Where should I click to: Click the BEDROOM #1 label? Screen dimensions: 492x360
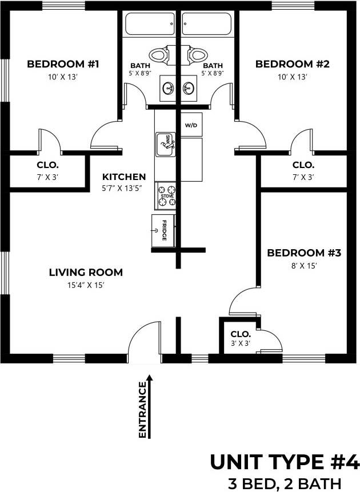click(63, 64)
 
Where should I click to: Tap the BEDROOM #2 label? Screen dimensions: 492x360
click(292, 64)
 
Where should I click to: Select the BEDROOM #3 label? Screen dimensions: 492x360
click(303, 252)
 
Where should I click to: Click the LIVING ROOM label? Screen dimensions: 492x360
click(86, 272)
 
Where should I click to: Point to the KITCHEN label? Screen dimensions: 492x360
click(124, 177)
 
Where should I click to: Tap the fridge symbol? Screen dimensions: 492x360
click(162, 230)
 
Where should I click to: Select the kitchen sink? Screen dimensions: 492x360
click(165, 143)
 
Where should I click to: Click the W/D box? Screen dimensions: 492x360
click(191, 125)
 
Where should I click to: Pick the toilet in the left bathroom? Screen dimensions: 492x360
click(161, 55)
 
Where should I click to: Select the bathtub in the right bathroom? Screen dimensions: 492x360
click(206, 24)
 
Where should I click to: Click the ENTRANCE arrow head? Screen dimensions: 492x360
click(150, 378)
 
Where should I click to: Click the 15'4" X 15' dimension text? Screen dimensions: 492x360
click(86, 285)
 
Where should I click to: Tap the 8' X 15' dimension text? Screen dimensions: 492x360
click(303, 265)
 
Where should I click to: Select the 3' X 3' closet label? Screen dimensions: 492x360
click(241, 343)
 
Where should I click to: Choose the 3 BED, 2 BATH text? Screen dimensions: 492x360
click(284, 482)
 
